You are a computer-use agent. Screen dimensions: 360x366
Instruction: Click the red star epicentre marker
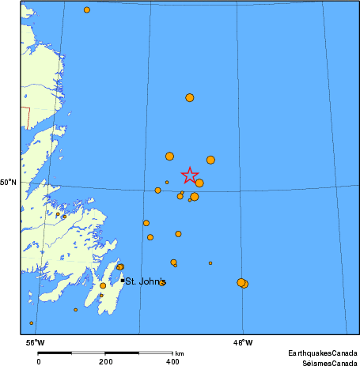pos(190,175)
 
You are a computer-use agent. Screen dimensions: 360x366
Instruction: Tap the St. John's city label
pos(146,281)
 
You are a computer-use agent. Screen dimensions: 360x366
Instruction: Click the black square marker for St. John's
pos(123,281)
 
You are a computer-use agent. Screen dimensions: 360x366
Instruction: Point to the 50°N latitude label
pos(8,183)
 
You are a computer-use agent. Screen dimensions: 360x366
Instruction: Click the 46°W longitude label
pos(242,342)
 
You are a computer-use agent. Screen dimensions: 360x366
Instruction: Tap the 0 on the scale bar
pos(39,360)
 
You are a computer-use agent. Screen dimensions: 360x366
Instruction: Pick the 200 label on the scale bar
pos(106,360)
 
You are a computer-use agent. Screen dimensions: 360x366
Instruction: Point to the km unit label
pos(180,353)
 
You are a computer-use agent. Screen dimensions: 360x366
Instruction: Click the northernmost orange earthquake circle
pos(87,9)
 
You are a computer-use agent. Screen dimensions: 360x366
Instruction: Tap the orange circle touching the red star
pos(199,183)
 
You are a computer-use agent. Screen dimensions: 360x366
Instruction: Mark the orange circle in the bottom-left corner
pos(32,323)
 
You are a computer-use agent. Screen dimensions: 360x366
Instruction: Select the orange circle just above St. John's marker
pos(120,267)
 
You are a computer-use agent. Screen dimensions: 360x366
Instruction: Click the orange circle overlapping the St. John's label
pos(162,282)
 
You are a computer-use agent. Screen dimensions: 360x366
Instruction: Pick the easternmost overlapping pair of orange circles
pos(242,283)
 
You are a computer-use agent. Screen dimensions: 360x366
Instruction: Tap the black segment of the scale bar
pos(55,353)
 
